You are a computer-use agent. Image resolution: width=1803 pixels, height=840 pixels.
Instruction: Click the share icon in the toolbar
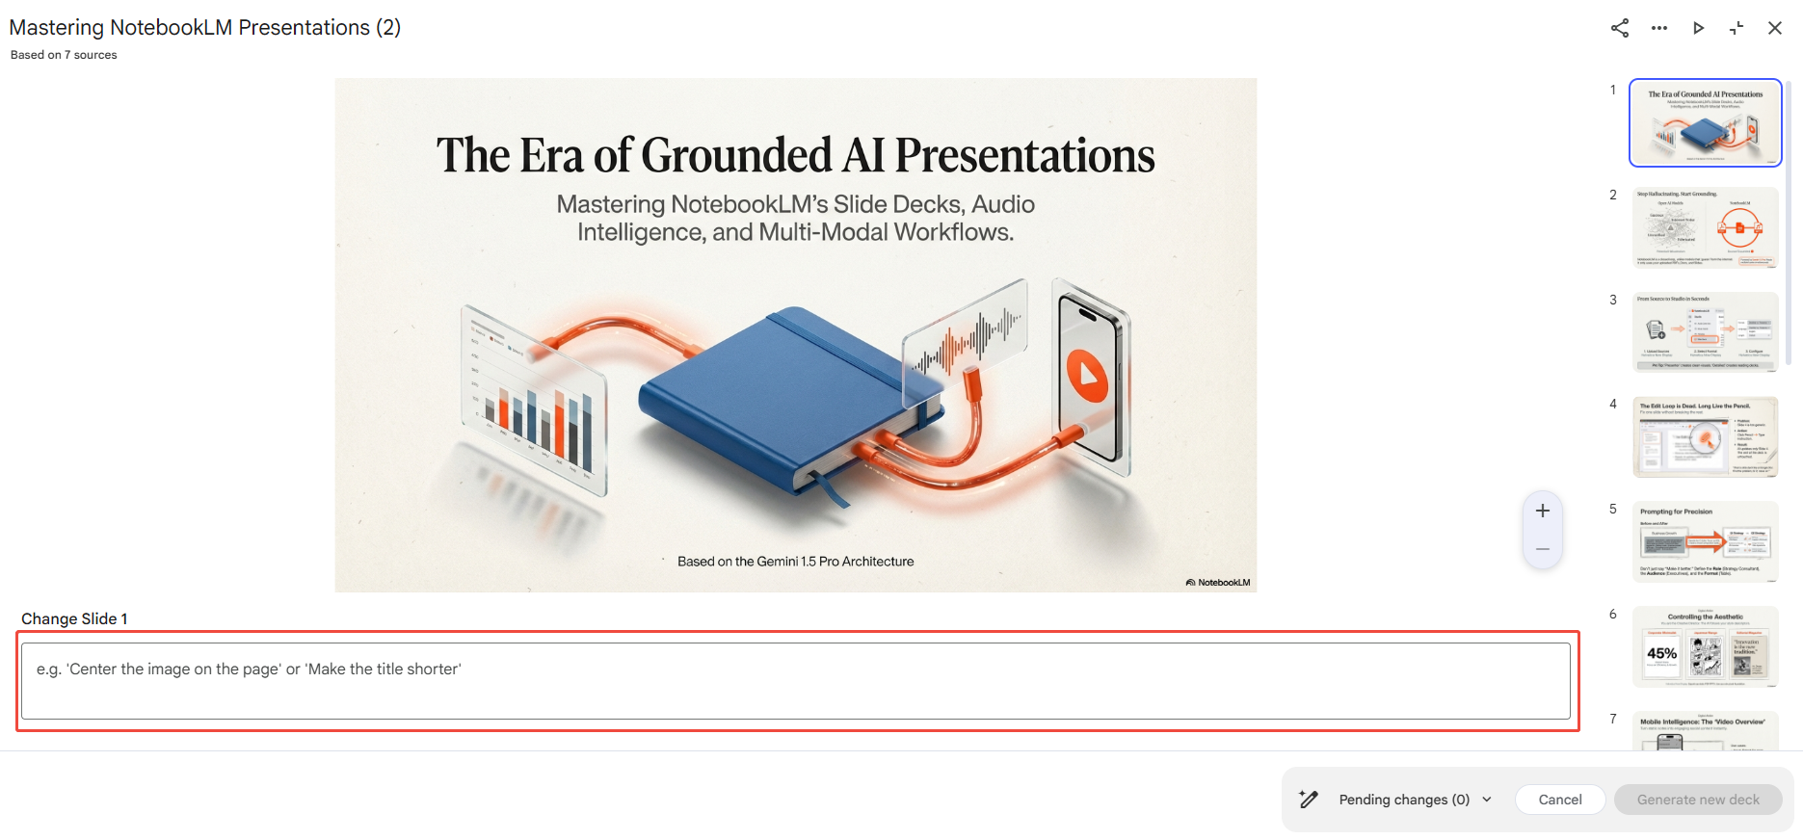(x=1620, y=28)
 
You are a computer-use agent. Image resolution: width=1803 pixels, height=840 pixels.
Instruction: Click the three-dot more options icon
(x=1658, y=28)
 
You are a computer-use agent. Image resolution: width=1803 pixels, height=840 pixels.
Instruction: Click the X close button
(x=1775, y=28)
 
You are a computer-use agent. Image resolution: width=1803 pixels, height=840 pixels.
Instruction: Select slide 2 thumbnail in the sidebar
(x=1705, y=227)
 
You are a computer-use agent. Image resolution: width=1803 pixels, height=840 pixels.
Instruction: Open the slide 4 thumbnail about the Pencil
(x=1705, y=436)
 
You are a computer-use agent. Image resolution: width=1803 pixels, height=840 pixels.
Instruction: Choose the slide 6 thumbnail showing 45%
(x=1705, y=646)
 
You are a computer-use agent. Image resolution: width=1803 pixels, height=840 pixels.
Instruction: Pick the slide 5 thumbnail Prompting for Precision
(x=1705, y=541)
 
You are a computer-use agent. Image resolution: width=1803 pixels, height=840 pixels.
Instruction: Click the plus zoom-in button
(x=1543, y=511)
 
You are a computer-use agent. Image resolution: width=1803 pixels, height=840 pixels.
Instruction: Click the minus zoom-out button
(x=1543, y=549)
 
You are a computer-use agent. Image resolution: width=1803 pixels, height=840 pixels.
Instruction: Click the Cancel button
(x=1559, y=800)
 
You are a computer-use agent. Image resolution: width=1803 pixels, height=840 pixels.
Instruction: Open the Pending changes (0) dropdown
(x=1415, y=800)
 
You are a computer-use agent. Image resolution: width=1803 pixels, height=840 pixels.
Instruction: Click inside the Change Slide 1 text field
(x=795, y=681)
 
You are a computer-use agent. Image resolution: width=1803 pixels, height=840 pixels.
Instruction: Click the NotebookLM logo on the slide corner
(x=1218, y=582)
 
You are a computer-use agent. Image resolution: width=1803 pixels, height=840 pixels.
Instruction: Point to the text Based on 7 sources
(x=64, y=55)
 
